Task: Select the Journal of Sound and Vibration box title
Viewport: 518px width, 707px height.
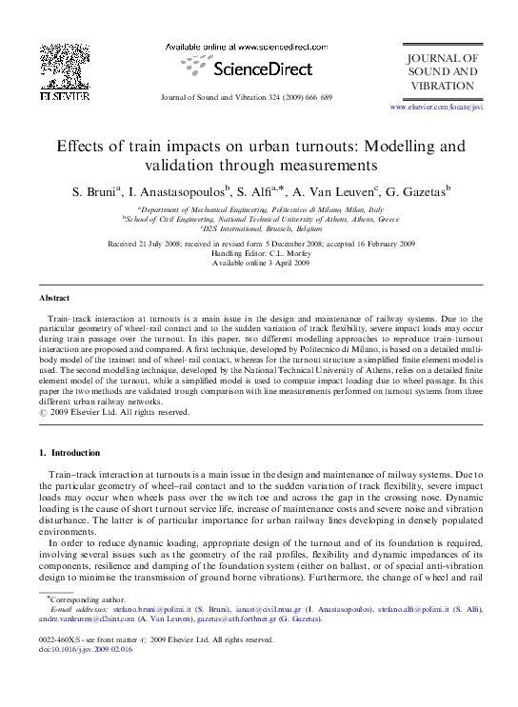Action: pos(442,71)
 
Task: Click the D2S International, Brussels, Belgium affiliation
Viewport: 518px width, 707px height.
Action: pos(260,228)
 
